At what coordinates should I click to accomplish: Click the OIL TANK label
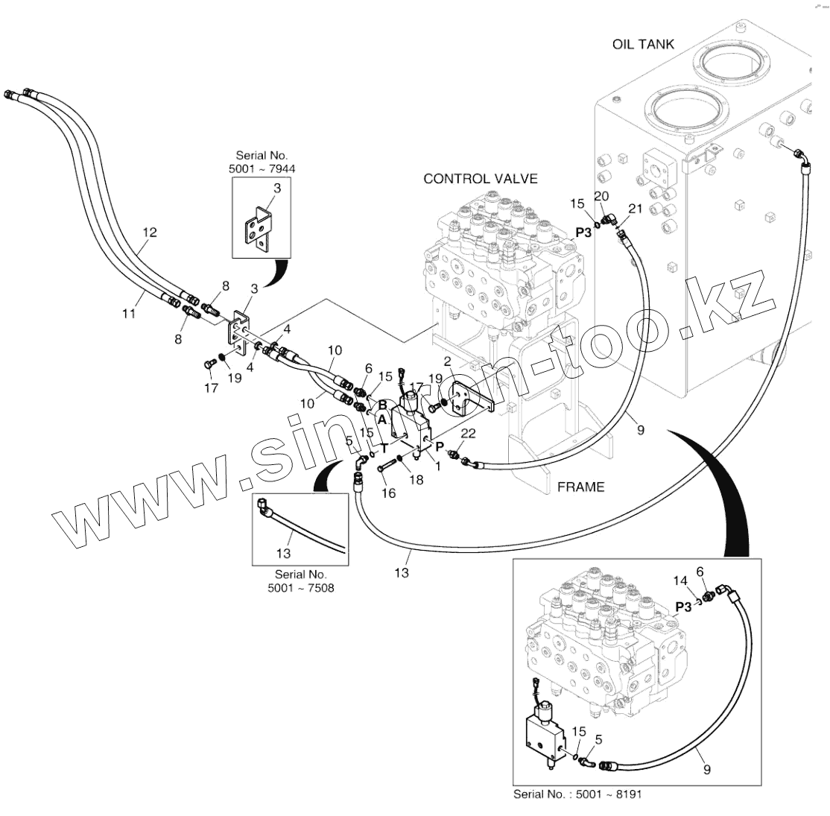click(642, 44)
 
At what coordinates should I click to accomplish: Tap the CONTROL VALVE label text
click(480, 179)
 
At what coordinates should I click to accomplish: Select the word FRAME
click(580, 487)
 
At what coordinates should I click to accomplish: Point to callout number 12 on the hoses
click(149, 233)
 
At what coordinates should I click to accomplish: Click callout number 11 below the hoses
click(129, 314)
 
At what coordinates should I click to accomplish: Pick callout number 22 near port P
click(468, 434)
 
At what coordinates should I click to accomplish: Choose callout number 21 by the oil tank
click(634, 209)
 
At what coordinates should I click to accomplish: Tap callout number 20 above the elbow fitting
click(601, 195)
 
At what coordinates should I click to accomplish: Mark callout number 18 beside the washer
click(416, 481)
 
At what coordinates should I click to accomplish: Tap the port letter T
click(384, 448)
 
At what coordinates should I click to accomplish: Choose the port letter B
click(382, 405)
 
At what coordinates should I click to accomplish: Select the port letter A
click(381, 420)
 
